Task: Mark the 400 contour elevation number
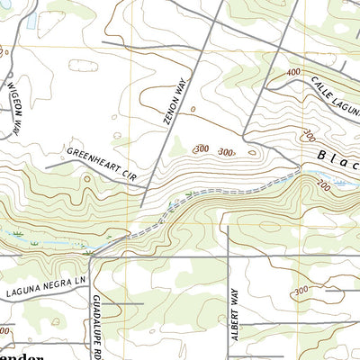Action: coord(293,71)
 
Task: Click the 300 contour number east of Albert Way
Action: coord(300,291)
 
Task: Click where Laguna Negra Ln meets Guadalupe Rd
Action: coord(90,257)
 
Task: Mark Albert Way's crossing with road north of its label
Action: coord(229,257)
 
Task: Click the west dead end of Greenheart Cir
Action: coord(46,166)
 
